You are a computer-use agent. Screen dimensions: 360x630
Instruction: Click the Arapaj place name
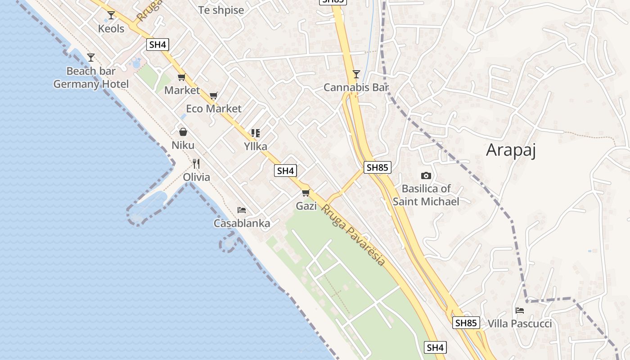coord(511,150)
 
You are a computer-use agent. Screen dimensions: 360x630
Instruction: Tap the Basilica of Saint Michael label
coord(426,195)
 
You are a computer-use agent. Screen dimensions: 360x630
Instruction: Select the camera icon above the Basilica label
coord(426,175)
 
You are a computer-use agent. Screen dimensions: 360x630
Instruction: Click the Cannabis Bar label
coord(355,87)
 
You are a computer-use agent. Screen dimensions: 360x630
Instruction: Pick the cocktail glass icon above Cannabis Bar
coord(356,74)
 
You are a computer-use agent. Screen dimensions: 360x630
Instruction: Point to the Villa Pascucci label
coord(519,324)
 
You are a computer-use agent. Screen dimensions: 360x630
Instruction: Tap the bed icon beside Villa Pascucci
coord(520,310)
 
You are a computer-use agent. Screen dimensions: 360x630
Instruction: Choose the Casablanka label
coord(242,223)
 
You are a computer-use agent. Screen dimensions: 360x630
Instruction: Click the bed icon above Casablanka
coord(242,210)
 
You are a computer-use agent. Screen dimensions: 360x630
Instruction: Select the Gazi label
coord(306,206)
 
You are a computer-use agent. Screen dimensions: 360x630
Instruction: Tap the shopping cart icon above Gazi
coord(306,193)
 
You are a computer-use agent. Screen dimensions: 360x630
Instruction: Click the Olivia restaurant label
coord(196,177)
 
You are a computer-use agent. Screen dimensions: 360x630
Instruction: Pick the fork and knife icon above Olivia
coord(196,163)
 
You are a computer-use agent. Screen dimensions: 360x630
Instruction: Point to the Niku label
coord(183,145)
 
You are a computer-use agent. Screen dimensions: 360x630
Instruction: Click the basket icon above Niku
coord(183,132)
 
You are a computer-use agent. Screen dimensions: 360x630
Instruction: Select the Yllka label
coord(255,146)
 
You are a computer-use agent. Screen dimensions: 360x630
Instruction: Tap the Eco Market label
coord(214,108)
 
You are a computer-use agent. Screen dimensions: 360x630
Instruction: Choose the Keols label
coord(111,29)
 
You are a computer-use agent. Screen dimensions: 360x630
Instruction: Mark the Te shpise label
coord(221,10)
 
